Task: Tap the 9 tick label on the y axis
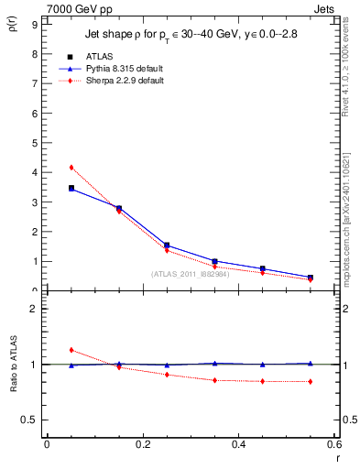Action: [x=34, y=25]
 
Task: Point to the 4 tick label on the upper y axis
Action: [x=34, y=172]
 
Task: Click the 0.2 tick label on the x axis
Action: [x=142, y=445]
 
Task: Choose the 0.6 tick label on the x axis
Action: [x=334, y=445]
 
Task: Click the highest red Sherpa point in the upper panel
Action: [x=71, y=167]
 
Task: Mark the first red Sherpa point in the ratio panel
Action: [x=71, y=350]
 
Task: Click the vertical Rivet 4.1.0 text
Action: [x=350, y=78]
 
